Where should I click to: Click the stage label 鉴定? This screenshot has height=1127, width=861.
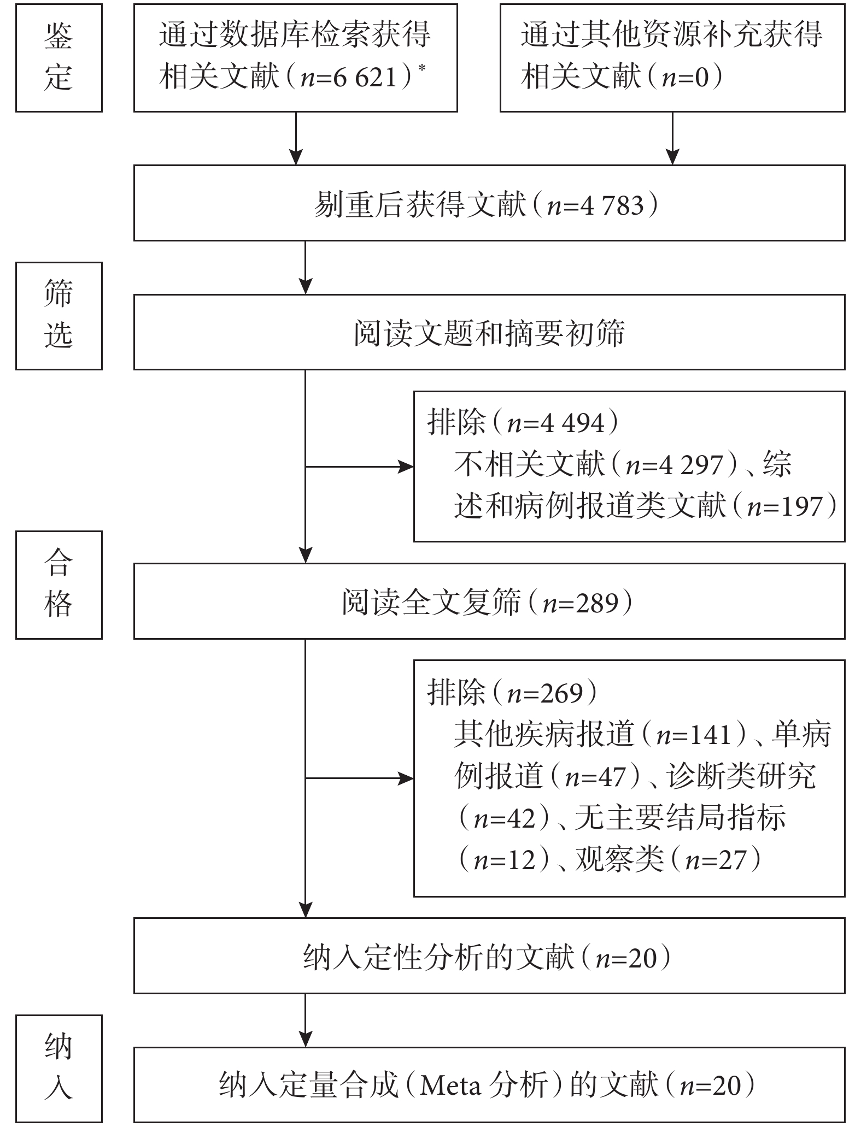point(58,57)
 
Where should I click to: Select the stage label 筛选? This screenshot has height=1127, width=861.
point(58,315)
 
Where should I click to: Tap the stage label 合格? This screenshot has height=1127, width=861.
point(58,584)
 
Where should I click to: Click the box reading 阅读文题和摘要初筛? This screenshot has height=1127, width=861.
point(489,332)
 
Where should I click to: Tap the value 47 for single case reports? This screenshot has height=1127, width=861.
point(612,776)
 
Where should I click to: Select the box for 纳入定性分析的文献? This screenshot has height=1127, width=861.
point(489,956)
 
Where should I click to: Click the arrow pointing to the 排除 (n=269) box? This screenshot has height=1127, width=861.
point(359,778)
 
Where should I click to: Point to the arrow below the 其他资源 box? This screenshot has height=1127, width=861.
point(672,138)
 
